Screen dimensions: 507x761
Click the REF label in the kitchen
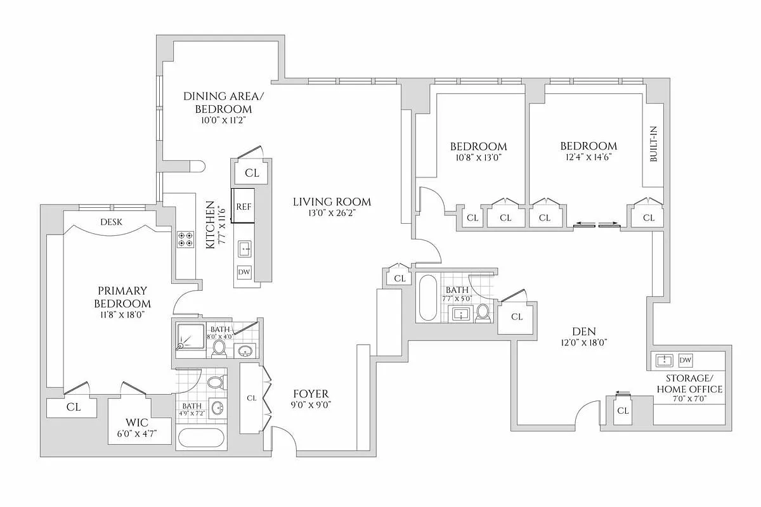(244, 207)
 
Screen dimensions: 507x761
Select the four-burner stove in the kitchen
(185, 239)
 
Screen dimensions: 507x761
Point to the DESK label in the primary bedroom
(111, 222)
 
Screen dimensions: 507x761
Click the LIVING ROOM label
(331, 202)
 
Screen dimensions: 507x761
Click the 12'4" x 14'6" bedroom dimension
(588, 157)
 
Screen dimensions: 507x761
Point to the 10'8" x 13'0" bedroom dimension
(478, 157)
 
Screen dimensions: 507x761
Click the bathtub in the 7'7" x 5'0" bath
(427, 297)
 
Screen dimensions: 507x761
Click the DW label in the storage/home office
(685, 360)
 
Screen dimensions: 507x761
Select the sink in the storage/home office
(664, 360)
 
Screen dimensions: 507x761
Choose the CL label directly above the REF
(252, 172)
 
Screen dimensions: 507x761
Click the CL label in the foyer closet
(251, 398)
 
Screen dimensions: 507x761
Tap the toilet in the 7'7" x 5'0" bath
(483, 311)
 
